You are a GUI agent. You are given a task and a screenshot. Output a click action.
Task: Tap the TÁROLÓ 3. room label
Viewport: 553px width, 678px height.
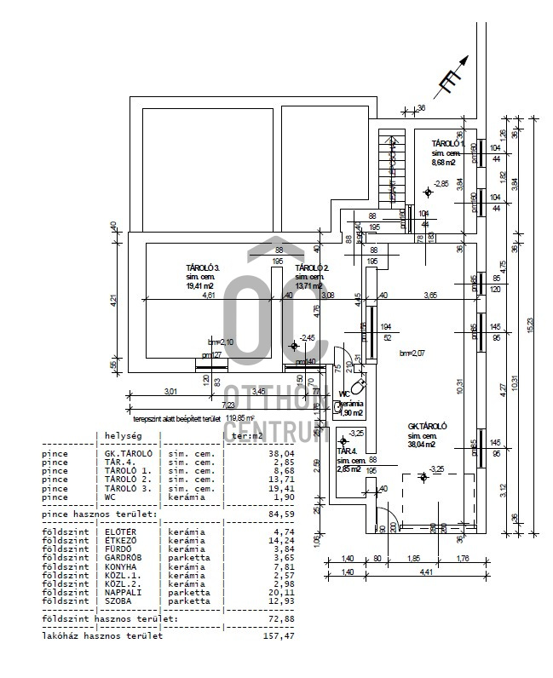(x=203, y=267)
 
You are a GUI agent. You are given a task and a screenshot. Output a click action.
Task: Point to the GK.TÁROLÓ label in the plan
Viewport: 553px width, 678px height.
(x=428, y=426)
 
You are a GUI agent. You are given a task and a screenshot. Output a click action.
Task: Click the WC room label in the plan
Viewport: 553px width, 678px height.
(x=344, y=394)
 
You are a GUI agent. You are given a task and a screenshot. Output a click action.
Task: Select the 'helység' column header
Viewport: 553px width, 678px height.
(x=122, y=434)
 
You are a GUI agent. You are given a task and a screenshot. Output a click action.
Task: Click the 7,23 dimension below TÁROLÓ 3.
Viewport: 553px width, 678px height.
(x=228, y=405)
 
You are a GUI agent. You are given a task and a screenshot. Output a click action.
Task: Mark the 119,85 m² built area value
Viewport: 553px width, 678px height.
(x=241, y=418)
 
